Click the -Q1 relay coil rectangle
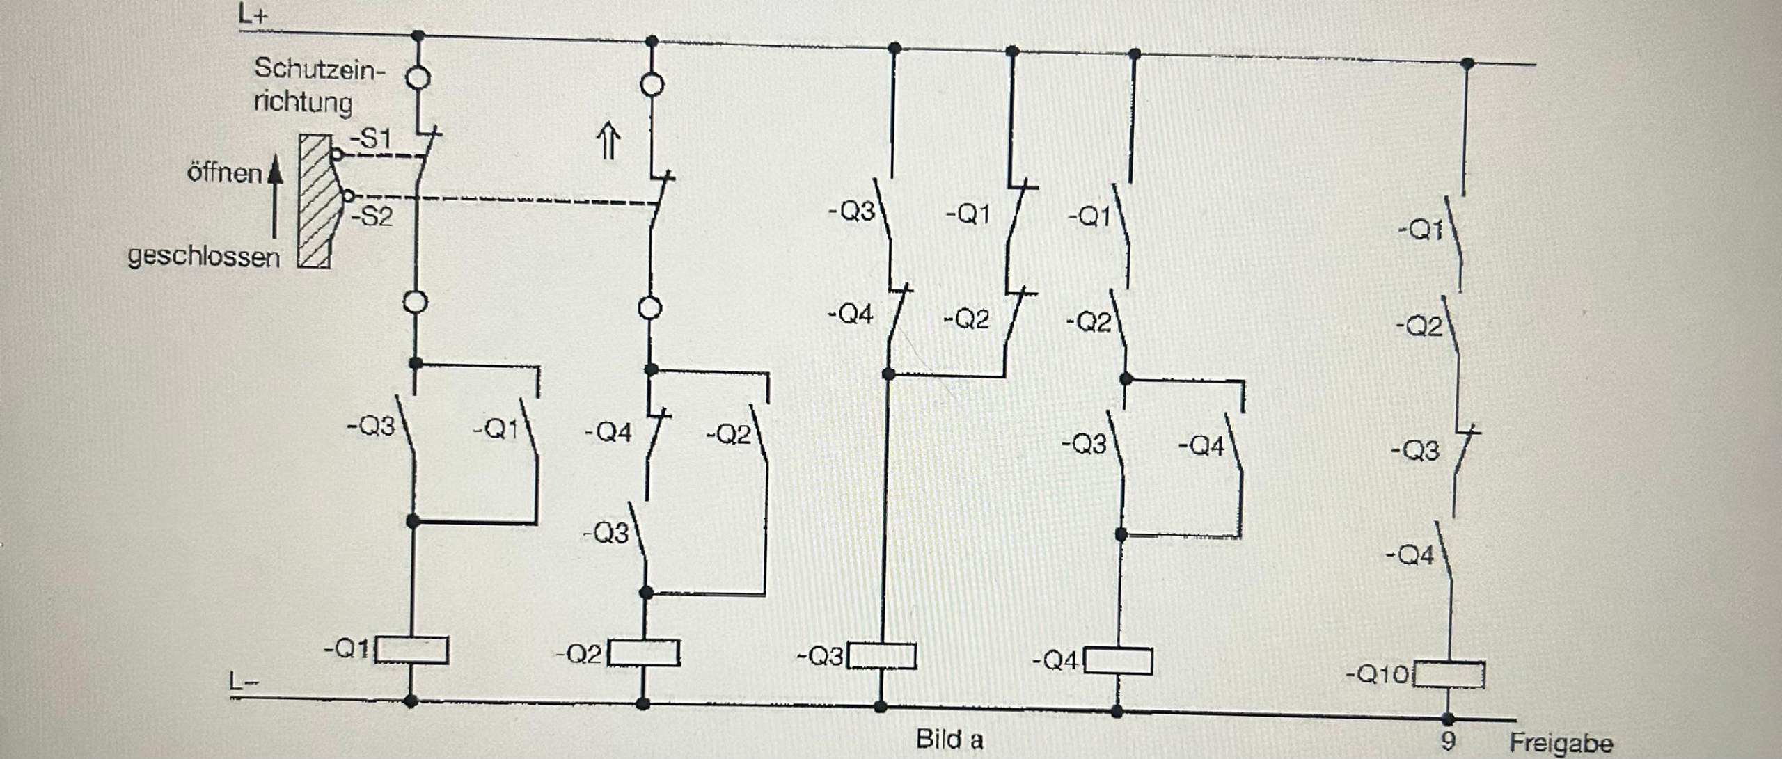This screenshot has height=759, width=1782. (411, 650)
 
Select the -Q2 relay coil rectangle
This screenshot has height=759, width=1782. (644, 653)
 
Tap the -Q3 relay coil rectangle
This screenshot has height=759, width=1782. (881, 656)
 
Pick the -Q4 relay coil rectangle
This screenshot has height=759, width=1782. (1118, 661)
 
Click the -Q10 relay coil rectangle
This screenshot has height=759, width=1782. (1449, 675)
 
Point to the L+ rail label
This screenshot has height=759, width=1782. (253, 15)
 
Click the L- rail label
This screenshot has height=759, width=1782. (244, 682)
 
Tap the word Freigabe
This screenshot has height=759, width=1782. (1561, 742)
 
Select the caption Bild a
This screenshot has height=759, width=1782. (949, 739)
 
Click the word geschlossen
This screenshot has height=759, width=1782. (203, 257)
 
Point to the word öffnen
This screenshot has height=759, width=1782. (224, 173)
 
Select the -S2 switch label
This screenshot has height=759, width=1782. (372, 216)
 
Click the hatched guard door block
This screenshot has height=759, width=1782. (316, 202)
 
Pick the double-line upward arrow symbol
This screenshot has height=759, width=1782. (609, 141)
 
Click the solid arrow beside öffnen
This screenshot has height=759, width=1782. (276, 202)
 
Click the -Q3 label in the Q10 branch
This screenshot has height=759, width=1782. (1414, 451)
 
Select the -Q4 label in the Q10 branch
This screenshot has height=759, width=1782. (1410, 555)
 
